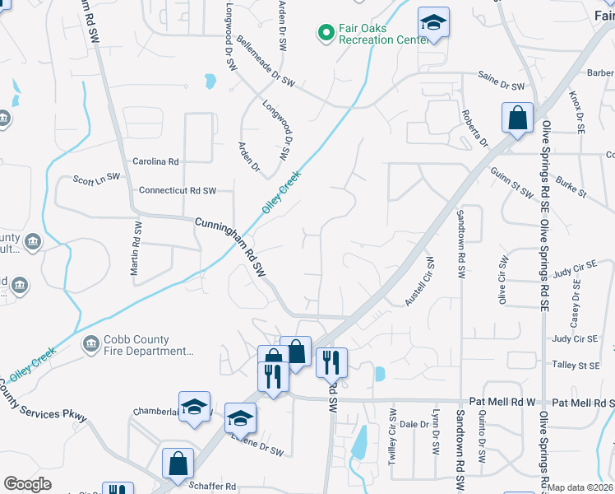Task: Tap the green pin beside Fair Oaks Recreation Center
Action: [x=326, y=33]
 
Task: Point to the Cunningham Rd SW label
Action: [x=233, y=246]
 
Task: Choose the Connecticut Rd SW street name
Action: [x=178, y=190]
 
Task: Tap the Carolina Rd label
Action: [x=155, y=161]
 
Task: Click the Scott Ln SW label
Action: [x=96, y=177]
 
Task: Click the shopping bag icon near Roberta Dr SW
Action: [x=518, y=119]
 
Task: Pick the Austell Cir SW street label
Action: [x=419, y=282]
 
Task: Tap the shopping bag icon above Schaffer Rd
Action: [x=178, y=464]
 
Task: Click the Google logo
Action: [x=27, y=484]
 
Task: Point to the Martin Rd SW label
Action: [x=136, y=248]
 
